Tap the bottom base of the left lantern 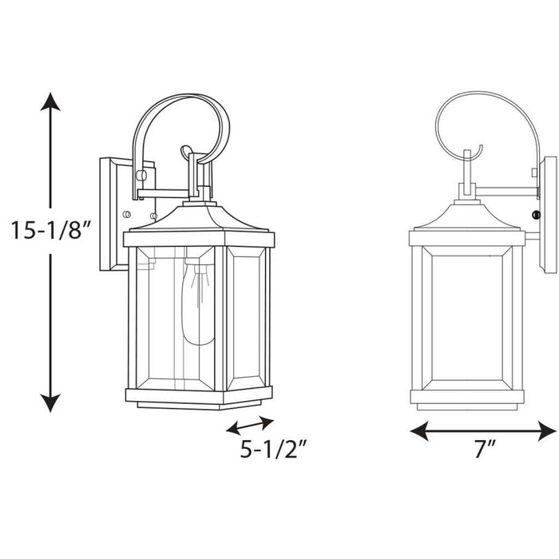(x=200, y=395)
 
